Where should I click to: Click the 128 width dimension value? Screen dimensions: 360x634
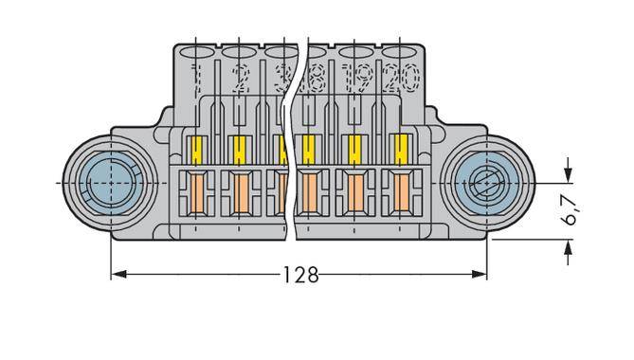(x=300, y=276)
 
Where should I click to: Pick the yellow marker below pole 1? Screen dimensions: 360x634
(x=198, y=149)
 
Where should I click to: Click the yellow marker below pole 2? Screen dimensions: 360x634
(x=238, y=149)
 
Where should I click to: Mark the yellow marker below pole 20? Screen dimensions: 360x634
(x=399, y=149)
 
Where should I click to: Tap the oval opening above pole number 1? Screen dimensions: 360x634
(x=196, y=51)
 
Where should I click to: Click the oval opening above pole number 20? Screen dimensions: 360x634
(x=399, y=51)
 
